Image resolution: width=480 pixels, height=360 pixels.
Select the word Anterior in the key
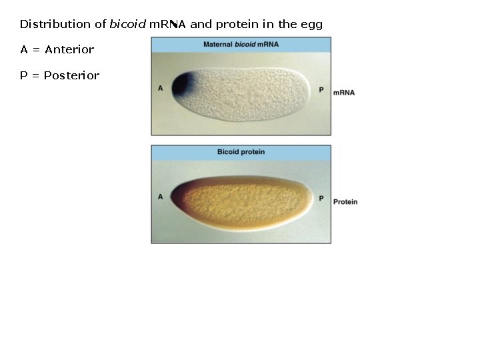click(x=69, y=49)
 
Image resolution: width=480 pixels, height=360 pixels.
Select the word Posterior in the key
click(x=71, y=75)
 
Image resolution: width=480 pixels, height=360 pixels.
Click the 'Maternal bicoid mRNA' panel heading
click(x=241, y=44)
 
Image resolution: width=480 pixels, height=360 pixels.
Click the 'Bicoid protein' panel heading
click(x=241, y=152)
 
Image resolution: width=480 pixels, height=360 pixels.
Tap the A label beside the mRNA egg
click(x=161, y=88)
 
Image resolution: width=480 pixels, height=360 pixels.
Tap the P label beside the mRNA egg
click(x=321, y=89)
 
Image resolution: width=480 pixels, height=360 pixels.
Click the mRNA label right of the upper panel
click(x=343, y=93)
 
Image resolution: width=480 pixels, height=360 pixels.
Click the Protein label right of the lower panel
click(x=345, y=201)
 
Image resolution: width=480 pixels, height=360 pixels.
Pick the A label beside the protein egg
click(x=161, y=197)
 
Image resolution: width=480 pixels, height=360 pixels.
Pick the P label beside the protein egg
click(x=321, y=198)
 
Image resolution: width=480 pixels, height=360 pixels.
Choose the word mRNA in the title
click(x=168, y=24)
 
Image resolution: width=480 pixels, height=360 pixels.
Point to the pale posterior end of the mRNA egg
click(x=303, y=90)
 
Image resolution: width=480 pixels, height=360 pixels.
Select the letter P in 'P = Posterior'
click(x=23, y=75)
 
